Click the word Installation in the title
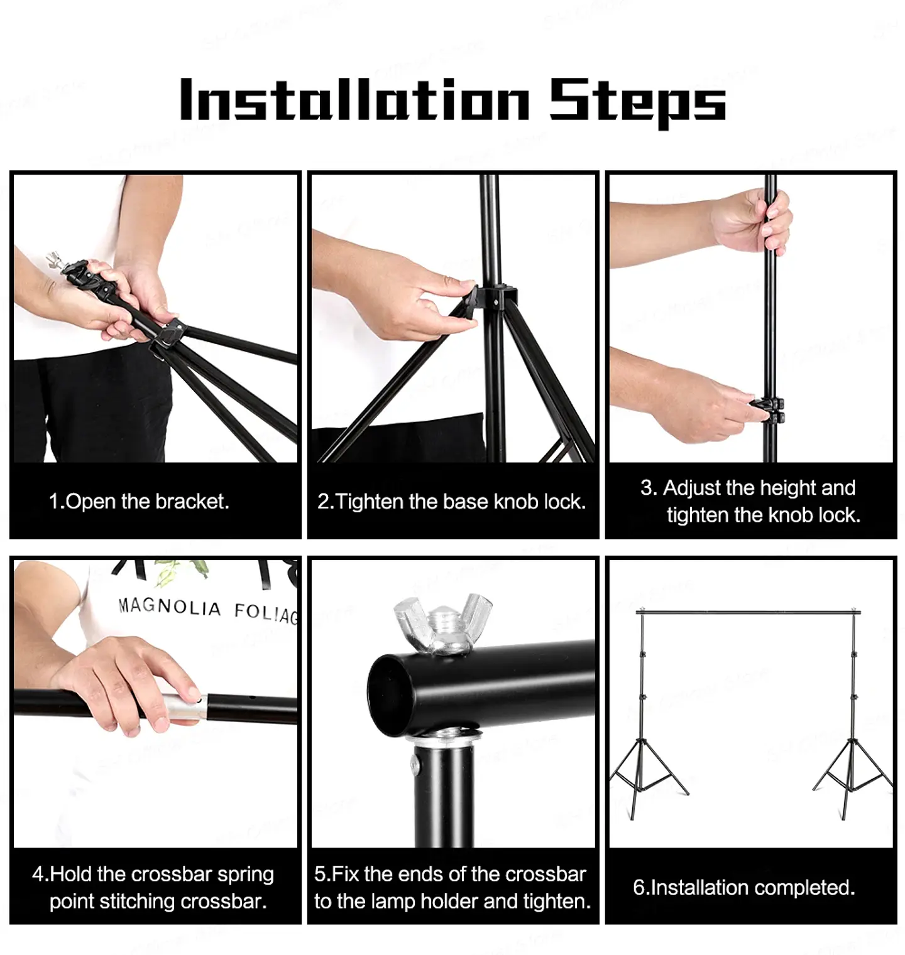[x=354, y=100]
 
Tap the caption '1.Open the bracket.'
[x=139, y=501]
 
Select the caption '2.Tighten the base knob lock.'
[x=451, y=501]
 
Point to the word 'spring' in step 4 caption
[x=245, y=874]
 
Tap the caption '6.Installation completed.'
[x=743, y=887]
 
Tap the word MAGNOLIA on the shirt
[x=170, y=607]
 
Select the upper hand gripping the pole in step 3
[x=751, y=221]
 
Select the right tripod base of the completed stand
[x=852, y=775]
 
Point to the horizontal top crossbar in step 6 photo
[x=748, y=611]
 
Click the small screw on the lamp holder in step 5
[x=415, y=763]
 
